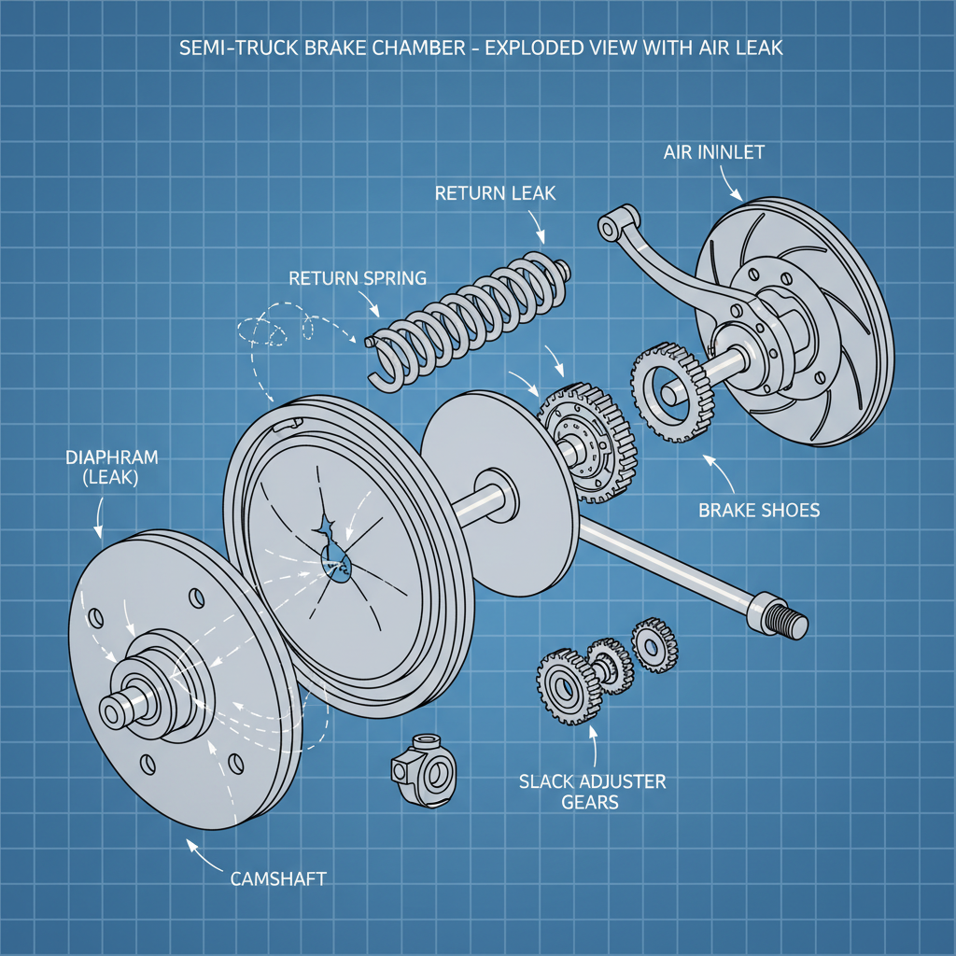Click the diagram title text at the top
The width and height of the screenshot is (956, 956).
[477, 48]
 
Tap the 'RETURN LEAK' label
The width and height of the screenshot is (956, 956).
[495, 194]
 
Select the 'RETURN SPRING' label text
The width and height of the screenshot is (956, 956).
[358, 277]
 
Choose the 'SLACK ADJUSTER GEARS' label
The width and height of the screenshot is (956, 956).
[593, 791]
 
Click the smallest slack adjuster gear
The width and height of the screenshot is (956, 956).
[654, 642]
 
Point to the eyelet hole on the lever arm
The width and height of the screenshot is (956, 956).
[608, 226]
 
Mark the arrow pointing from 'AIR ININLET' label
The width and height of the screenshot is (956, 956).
[730, 186]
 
